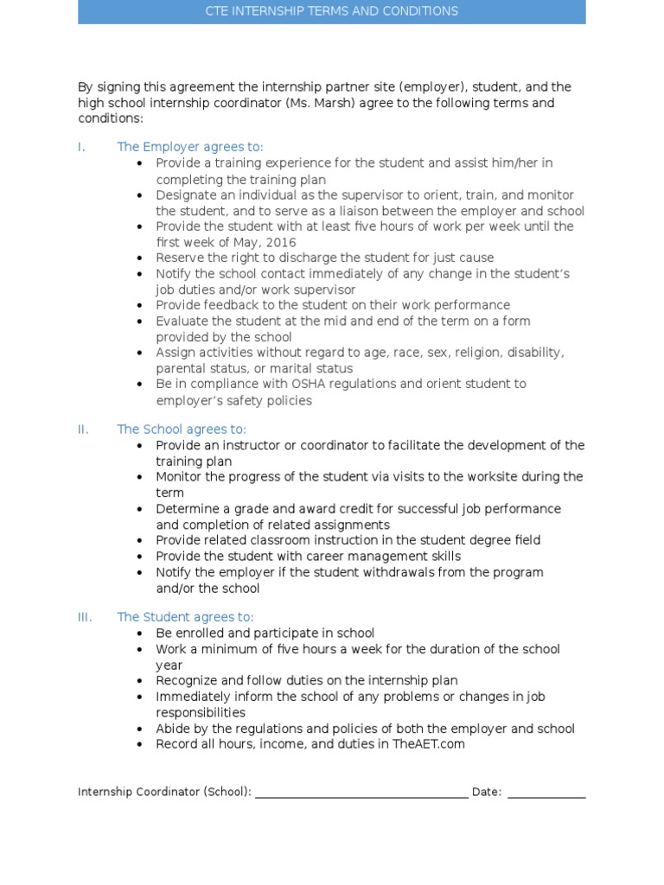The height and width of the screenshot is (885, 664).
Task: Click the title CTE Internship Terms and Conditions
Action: (x=331, y=11)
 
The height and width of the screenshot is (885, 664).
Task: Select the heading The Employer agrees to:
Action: (x=190, y=147)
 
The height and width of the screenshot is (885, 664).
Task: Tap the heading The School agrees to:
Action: (x=182, y=430)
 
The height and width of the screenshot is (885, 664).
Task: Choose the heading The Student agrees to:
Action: (x=185, y=617)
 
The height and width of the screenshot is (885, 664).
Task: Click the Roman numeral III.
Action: (x=85, y=617)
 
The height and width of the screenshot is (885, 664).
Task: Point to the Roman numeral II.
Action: (x=83, y=430)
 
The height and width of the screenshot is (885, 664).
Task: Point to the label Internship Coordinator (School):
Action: (x=164, y=792)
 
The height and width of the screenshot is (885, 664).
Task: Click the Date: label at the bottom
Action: (x=487, y=792)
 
